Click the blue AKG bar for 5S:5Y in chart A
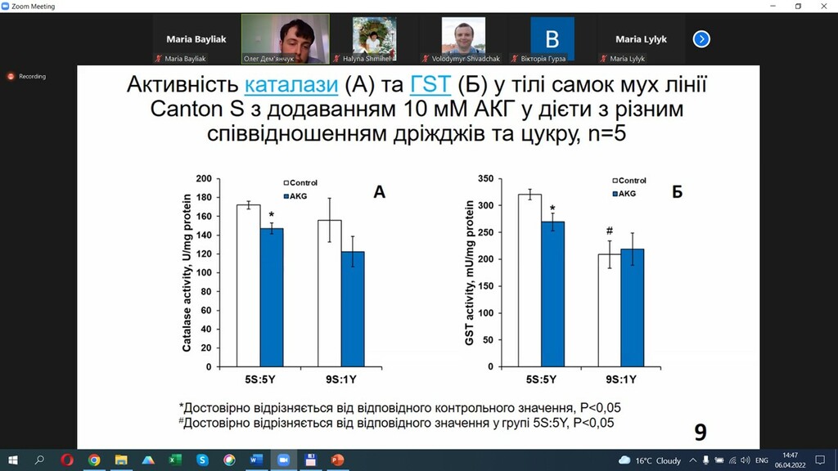click(272, 298)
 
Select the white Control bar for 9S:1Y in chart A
click(330, 294)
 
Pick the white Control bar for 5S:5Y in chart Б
click(529, 280)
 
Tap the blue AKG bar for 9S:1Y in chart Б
click(633, 307)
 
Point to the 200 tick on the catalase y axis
click(204, 178)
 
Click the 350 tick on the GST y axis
click(485, 178)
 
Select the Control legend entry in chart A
click(300, 182)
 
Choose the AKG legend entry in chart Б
click(624, 194)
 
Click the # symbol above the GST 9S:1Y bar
click(609, 231)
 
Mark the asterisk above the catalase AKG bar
click(272, 215)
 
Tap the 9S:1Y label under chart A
click(341, 379)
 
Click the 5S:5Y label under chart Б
click(541, 379)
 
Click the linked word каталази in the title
click(291, 85)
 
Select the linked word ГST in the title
click(430, 85)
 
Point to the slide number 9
click(701, 432)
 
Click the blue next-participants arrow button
click(701, 39)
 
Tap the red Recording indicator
click(11, 76)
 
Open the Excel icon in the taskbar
click(175, 460)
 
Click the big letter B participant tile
click(552, 39)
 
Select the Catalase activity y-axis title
click(187, 273)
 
